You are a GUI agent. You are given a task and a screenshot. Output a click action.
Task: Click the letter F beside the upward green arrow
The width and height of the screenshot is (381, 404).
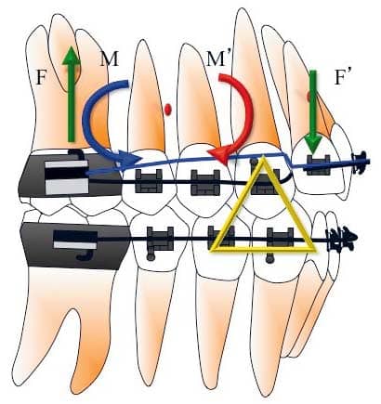point(41,77)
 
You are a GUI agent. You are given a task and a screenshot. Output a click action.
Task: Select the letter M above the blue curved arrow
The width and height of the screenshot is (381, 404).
point(110,59)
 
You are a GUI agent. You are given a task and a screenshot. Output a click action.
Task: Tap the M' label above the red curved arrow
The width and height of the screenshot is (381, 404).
point(218,59)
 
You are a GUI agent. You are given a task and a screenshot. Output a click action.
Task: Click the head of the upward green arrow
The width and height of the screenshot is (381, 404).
point(72,55)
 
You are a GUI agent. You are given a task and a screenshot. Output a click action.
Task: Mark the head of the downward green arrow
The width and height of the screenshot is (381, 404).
point(314,145)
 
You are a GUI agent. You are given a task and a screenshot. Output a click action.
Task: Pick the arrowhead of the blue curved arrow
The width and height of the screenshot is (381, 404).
point(127,160)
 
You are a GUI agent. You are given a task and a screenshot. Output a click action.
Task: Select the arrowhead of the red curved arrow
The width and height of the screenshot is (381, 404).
point(219,155)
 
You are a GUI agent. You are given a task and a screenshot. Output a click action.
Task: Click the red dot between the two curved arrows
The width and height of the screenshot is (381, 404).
point(168,110)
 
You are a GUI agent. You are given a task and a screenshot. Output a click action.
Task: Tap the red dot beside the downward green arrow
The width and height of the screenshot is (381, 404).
point(309,97)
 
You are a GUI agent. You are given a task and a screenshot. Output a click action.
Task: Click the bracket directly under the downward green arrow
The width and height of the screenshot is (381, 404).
point(318,164)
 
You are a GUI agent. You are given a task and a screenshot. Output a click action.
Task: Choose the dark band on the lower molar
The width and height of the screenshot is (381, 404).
point(74,245)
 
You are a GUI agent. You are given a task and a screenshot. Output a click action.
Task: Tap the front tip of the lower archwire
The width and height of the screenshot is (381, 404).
point(357,238)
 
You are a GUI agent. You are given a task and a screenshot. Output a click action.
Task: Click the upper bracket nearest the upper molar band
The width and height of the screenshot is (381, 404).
point(149,180)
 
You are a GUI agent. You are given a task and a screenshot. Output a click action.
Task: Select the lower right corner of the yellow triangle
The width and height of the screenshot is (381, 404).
point(315,250)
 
